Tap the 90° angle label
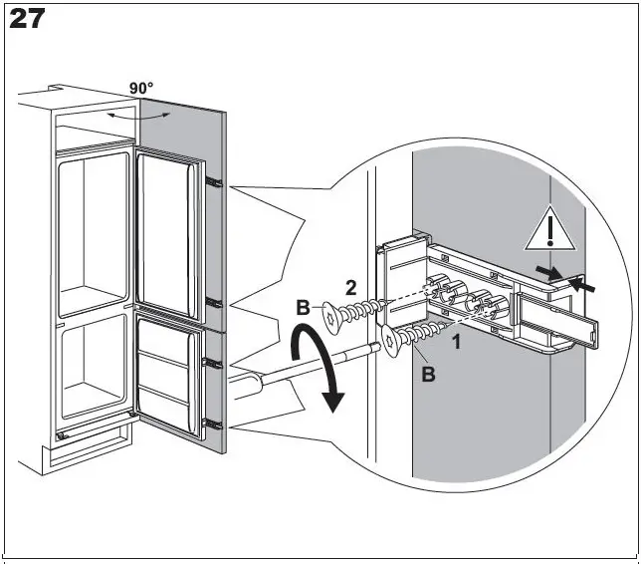(142, 88)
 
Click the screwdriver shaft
(299, 367)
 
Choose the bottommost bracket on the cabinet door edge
(211, 423)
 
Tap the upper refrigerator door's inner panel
(169, 229)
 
